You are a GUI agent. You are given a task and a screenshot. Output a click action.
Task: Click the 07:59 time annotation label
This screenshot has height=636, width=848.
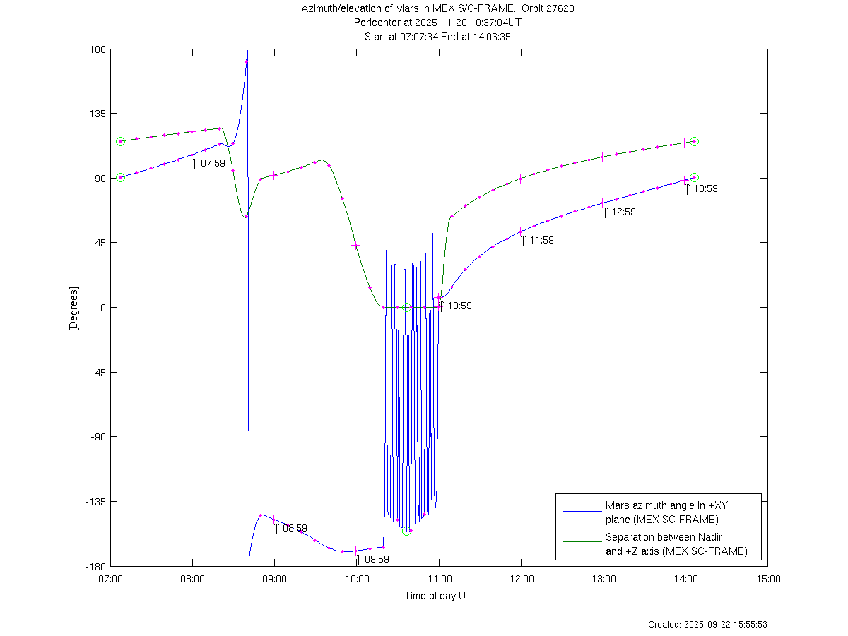(x=213, y=163)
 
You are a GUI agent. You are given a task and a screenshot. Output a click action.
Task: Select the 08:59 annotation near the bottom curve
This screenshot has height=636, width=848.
(x=295, y=528)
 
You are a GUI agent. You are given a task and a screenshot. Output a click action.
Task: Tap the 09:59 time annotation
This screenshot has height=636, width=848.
(x=377, y=559)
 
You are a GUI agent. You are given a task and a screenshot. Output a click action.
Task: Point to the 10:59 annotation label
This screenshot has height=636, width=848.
(x=459, y=306)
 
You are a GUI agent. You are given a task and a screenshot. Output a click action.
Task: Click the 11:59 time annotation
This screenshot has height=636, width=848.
(x=541, y=240)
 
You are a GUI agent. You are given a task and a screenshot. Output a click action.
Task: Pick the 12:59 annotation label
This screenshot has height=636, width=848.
(x=623, y=212)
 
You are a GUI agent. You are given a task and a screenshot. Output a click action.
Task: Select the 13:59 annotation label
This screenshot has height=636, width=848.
(x=705, y=188)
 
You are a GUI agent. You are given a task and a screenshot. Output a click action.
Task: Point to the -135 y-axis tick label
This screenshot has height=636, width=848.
(x=96, y=502)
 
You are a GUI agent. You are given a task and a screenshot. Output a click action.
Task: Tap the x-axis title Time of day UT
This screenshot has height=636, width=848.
(x=438, y=596)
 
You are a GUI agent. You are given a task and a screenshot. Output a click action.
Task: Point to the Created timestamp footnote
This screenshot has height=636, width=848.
(x=707, y=625)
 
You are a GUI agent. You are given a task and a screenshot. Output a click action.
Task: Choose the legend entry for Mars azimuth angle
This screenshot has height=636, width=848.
(x=661, y=512)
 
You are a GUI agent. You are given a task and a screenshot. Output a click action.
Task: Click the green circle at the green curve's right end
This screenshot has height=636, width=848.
(x=695, y=141)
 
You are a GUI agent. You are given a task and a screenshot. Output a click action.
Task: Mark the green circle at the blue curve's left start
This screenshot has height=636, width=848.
(x=120, y=177)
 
